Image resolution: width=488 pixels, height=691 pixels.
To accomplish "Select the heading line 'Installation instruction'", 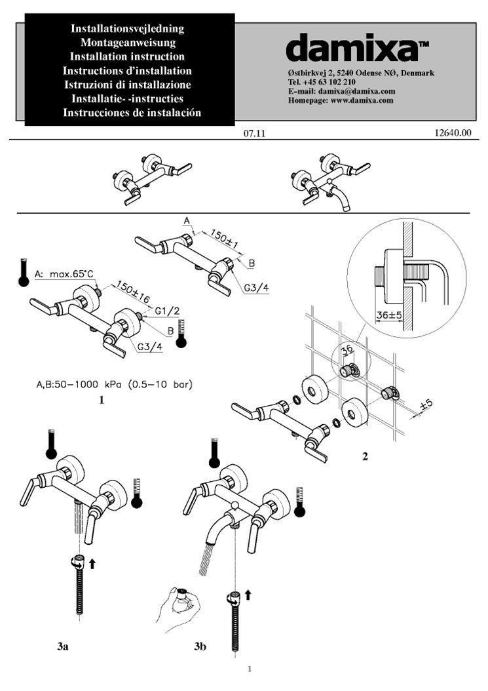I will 128,56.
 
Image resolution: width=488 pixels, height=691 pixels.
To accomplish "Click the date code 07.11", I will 253,133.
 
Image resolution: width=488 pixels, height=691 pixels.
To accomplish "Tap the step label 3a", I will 62,646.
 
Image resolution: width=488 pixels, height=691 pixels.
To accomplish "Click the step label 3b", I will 200,646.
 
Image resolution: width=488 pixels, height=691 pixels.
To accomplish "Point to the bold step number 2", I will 365,456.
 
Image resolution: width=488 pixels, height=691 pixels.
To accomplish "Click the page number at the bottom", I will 250,669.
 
